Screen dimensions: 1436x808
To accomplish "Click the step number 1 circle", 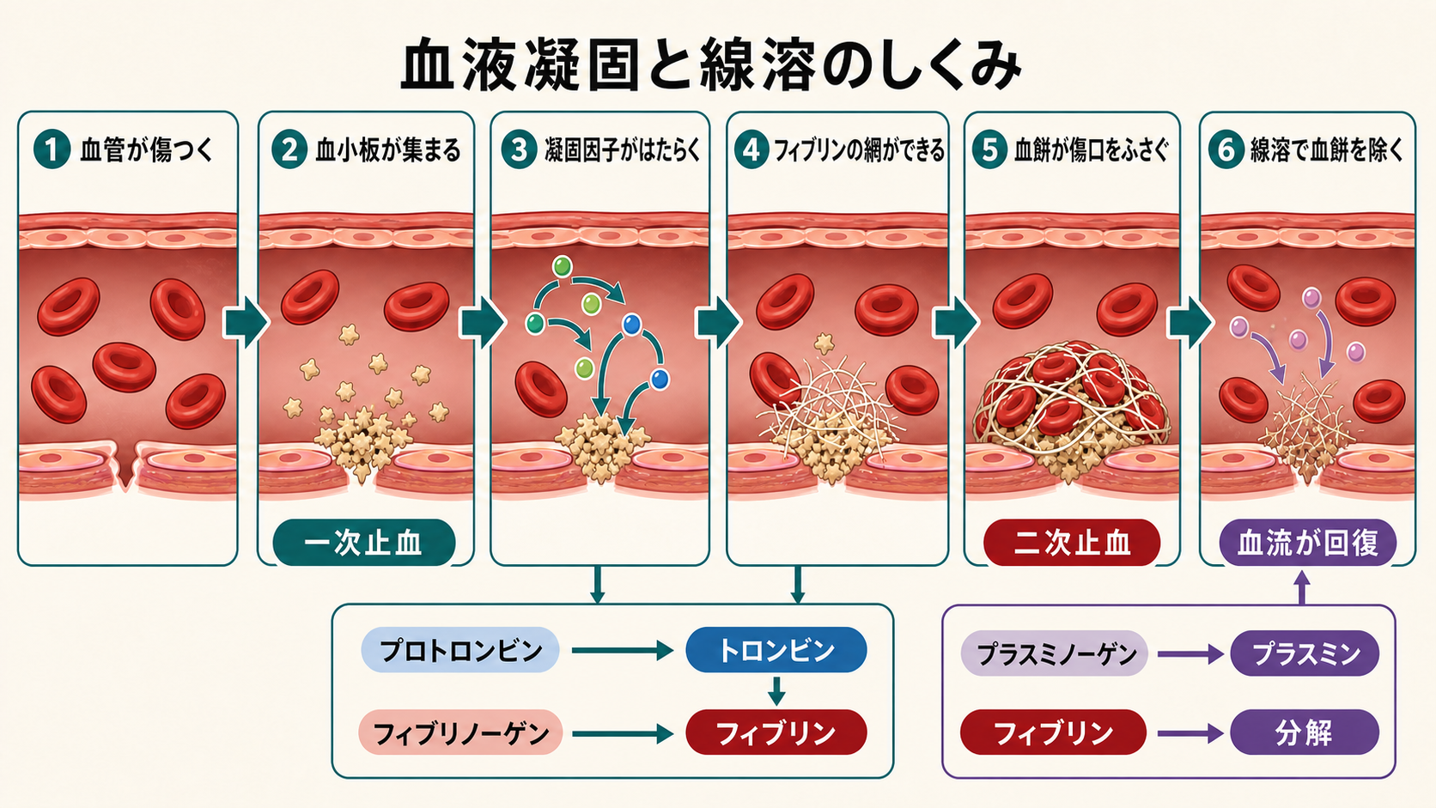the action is point(52,150).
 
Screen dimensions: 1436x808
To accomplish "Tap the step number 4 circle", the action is point(751,150).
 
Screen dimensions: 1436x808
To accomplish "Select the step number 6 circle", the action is point(1226,150).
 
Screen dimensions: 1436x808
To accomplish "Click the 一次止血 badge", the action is point(364,543).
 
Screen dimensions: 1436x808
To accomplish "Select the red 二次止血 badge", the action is point(1072,543).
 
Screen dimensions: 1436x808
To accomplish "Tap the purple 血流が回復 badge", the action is point(1308,543).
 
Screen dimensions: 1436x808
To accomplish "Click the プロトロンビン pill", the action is point(459,650).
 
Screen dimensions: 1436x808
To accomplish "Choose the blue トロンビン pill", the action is point(776,650).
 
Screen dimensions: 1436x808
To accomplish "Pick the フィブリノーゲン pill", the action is point(460,732).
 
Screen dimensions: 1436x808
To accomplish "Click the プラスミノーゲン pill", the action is point(1054,653).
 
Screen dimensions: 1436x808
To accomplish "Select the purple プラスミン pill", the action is point(1305,653).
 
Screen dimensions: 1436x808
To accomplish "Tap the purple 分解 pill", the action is point(1305,732).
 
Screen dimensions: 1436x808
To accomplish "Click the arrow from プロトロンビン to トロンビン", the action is point(623,650).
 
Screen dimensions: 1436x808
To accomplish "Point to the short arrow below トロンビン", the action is point(776,690).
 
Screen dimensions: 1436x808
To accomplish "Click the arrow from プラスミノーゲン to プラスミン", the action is point(1190,653).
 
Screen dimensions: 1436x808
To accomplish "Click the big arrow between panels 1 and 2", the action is point(246,324).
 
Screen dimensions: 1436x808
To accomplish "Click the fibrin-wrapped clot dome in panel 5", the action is point(1071,404).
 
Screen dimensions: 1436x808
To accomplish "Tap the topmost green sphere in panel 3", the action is point(563,266).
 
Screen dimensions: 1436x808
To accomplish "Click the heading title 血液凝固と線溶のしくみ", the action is point(710,64).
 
